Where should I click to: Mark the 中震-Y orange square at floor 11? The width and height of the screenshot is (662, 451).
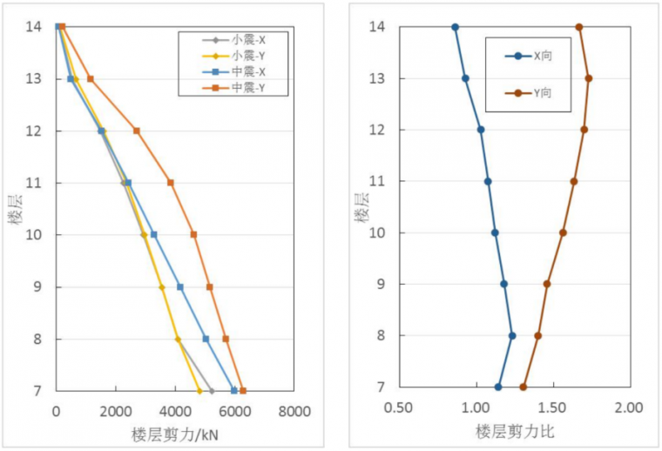[x=171, y=183]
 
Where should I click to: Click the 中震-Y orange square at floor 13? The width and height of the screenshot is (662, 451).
[x=90, y=79]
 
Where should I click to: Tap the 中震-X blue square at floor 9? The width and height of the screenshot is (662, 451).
[x=180, y=286]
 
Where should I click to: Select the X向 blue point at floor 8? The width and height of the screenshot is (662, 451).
[x=512, y=335]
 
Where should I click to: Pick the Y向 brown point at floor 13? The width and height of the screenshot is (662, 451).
[x=589, y=78]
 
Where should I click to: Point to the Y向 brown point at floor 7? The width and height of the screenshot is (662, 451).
[x=524, y=387]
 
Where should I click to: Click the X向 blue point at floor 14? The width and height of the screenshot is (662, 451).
[x=455, y=27]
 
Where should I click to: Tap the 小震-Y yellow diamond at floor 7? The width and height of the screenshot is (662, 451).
[x=199, y=391]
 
